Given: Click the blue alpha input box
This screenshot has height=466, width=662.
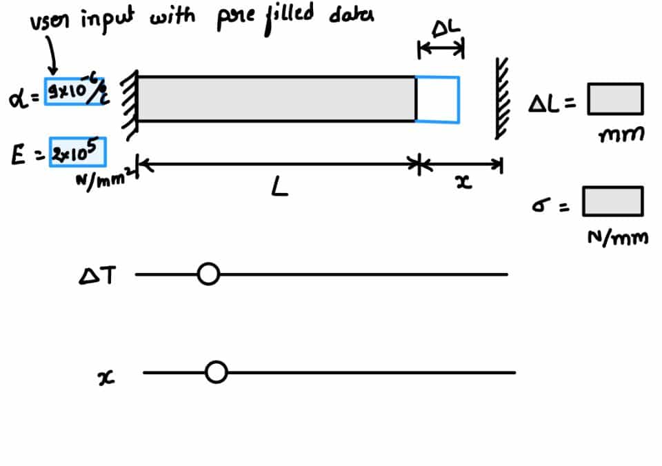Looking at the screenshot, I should [74, 91].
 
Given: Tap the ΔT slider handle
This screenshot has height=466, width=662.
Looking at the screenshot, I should [208, 274].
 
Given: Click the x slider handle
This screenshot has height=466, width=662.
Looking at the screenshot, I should [217, 373].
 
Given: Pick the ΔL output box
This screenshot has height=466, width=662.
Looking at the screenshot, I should [614, 99].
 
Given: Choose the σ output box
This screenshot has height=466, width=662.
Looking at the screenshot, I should [612, 201].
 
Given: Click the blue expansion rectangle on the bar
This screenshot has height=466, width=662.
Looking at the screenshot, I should [438, 99].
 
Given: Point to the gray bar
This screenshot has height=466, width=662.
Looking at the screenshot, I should [276, 99].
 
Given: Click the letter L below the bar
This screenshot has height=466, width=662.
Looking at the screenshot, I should [279, 187].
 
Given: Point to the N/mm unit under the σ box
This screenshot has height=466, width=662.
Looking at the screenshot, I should [617, 238].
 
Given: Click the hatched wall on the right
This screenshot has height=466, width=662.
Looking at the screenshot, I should [500, 97].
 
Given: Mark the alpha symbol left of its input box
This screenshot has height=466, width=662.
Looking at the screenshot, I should [19, 99].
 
